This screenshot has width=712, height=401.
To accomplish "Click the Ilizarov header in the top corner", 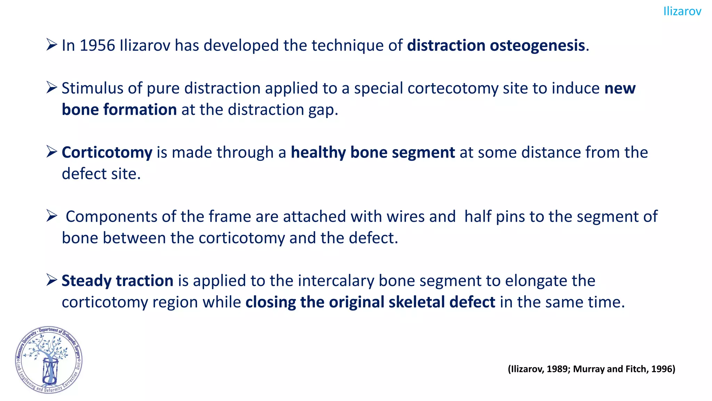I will pos(682,11).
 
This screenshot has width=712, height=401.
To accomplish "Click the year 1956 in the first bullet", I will pos(97,46).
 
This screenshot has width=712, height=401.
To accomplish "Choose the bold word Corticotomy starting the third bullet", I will pos(107,152).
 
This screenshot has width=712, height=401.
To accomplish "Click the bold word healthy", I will pos(318,152).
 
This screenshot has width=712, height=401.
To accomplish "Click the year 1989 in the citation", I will pos(557,369).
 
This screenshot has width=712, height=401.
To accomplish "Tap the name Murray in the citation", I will pos(589,369).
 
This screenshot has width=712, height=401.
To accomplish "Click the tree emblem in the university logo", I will pos(48,359).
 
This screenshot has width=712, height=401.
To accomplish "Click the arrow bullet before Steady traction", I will pos(51,280).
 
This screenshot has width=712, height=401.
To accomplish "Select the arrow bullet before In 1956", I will pos(51,45).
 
